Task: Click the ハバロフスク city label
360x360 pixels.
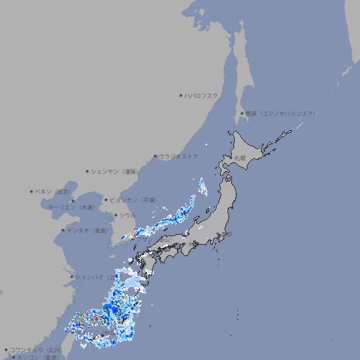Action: tap(202, 95)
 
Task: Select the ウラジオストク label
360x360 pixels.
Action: tap(179, 156)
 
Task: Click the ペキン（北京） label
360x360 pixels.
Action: tap(54, 191)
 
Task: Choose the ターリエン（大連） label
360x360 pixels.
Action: tap(71, 207)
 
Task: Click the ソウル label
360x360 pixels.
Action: tap(127, 215)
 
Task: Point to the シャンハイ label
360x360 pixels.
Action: tap(91, 276)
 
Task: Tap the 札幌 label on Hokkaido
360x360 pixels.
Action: tap(240, 158)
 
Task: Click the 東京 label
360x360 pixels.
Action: tap(227, 234)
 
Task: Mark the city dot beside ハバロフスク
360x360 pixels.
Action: tap(181, 95)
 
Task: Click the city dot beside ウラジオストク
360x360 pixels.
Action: tap(155, 156)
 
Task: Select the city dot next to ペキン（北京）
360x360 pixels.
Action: tap(32, 191)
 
